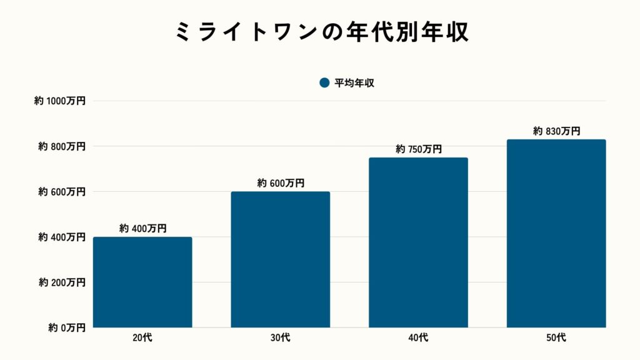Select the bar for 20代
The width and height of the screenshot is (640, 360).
pos(142,282)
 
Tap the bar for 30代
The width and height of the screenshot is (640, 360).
pos(280,259)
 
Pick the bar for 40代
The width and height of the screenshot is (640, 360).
pos(418,242)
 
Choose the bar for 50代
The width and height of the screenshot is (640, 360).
pos(556,233)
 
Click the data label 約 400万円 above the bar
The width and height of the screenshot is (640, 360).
pos(142,229)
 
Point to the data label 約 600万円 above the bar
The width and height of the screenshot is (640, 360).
pos(280,183)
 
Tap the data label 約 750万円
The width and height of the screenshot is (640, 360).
pos(418,149)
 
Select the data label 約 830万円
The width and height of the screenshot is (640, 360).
pos(556,131)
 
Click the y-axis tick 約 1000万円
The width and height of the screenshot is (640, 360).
pos(60,101)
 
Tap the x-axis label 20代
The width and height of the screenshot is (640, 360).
pos(142,338)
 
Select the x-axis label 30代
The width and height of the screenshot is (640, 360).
pos(281,338)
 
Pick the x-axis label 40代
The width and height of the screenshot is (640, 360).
pos(418,338)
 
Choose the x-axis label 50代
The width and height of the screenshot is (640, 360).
pos(556,338)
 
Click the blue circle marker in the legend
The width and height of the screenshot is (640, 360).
pos(324,83)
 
